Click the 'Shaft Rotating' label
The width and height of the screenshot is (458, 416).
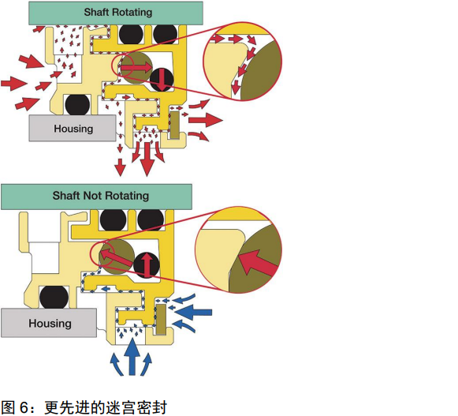point(118,13)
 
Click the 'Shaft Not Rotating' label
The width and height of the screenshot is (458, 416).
point(101,196)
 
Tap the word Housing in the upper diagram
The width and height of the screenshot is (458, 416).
point(73,129)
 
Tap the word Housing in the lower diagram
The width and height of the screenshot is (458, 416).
point(50,324)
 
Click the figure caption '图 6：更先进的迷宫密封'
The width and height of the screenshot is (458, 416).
point(84,407)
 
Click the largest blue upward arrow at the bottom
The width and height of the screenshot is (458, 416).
point(132,356)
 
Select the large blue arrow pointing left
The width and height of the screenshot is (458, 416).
point(193,312)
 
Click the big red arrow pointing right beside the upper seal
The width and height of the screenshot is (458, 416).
point(206,120)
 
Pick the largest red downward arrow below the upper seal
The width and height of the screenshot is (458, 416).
point(147,159)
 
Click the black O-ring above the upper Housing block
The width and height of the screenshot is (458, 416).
point(77,105)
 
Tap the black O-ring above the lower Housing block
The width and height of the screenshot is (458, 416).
point(54,298)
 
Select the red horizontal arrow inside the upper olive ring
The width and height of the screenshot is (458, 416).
point(136,68)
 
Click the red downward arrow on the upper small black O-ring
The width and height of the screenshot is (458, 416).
point(162,80)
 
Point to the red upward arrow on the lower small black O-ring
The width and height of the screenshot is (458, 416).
point(147,264)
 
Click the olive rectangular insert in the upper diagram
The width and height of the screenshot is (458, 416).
point(175,125)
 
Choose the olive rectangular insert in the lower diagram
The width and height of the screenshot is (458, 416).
point(161,319)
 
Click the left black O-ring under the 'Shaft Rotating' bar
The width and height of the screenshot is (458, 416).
point(131,34)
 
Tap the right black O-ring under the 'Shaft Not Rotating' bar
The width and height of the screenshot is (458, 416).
point(151,220)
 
